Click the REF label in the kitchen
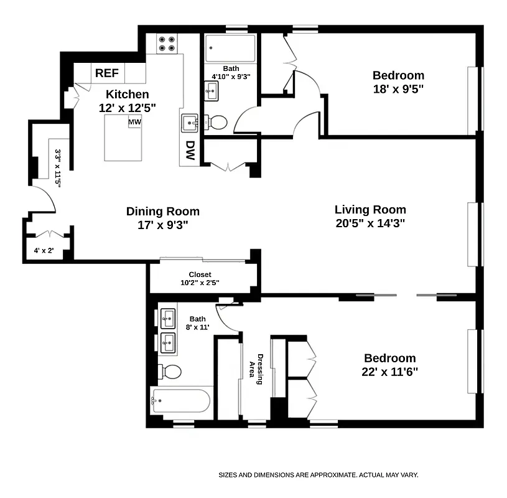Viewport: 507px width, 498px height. [106, 73]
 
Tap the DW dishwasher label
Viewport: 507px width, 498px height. [190, 151]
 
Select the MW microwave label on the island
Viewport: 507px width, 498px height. [134, 123]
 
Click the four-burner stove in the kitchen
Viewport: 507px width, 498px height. [166, 44]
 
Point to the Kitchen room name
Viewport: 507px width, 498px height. [127, 94]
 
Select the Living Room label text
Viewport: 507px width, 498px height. [370, 210]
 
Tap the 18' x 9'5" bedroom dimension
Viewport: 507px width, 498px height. [398, 89]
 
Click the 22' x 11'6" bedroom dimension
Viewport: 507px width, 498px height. [389, 372]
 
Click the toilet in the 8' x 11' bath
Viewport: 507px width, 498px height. [170, 372]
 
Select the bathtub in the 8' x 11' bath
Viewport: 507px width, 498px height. [181, 401]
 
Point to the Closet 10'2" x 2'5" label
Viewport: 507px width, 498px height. [200, 278]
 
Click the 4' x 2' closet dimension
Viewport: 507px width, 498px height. [44, 251]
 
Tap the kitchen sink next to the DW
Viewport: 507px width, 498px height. [189, 123]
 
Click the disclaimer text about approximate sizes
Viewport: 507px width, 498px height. [318, 475]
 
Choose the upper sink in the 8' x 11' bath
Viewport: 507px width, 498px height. [168, 321]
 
